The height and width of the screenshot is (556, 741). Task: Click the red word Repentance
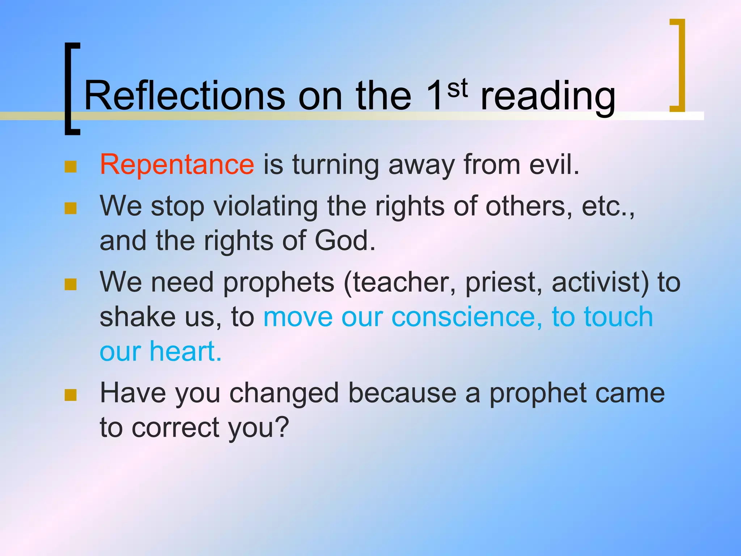click(x=177, y=165)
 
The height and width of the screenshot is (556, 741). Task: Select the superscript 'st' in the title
click(x=457, y=88)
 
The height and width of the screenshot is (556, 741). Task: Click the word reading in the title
click(x=547, y=97)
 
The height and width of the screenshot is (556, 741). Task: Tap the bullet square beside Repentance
click(x=71, y=167)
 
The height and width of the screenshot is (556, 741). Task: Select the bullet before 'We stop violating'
click(x=71, y=208)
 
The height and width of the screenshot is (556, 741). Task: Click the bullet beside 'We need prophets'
click(x=71, y=284)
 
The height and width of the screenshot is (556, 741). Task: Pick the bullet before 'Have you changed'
click(x=71, y=395)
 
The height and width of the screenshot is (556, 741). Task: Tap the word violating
click(x=266, y=206)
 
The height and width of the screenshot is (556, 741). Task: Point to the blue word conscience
click(x=467, y=317)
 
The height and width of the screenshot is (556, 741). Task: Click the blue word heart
click(x=185, y=351)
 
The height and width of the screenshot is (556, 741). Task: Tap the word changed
click(x=284, y=394)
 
